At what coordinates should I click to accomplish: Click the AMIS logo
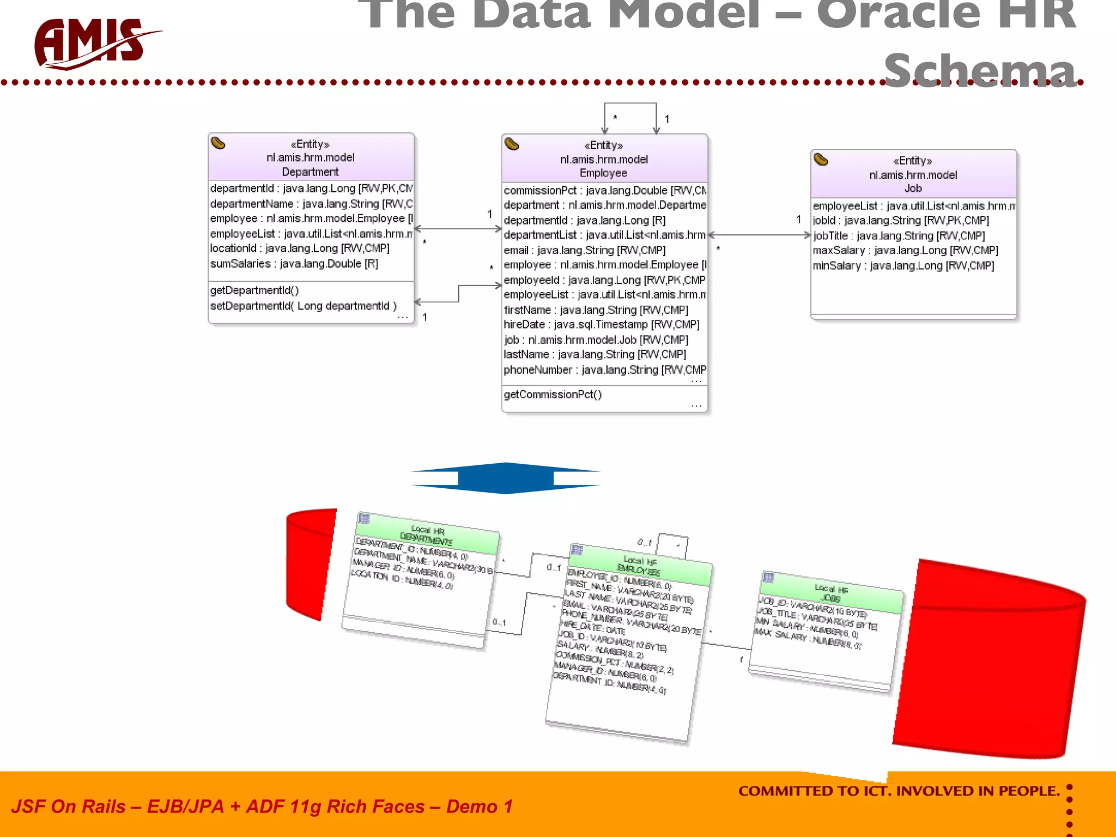point(93,44)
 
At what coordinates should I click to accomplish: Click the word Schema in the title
point(979,71)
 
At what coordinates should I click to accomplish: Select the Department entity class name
point(310,172)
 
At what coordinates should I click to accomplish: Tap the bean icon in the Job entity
point(821,160)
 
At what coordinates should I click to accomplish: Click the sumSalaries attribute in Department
point(294,264)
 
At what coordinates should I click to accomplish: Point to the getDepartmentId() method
point(254,290)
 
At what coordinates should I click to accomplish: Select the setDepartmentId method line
point(303,306)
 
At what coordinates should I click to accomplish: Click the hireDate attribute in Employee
point(601,325)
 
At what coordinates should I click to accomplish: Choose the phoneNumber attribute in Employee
point(604,370)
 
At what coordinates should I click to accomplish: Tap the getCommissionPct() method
point(553,395)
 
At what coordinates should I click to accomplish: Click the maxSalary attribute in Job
point(905,251)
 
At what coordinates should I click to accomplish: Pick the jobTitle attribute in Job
point(898,236)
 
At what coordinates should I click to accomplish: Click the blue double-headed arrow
point(506,478)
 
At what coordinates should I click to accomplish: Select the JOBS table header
point(830,594)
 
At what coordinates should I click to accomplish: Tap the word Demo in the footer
point(471,806)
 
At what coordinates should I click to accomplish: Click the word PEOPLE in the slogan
point(1028,791)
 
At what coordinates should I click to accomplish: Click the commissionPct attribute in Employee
point(604,191)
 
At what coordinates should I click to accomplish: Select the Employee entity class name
point(603,173)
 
